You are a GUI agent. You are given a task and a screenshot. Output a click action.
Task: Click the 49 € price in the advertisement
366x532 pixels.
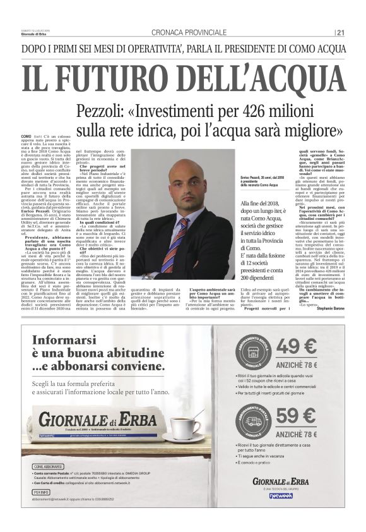296,348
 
